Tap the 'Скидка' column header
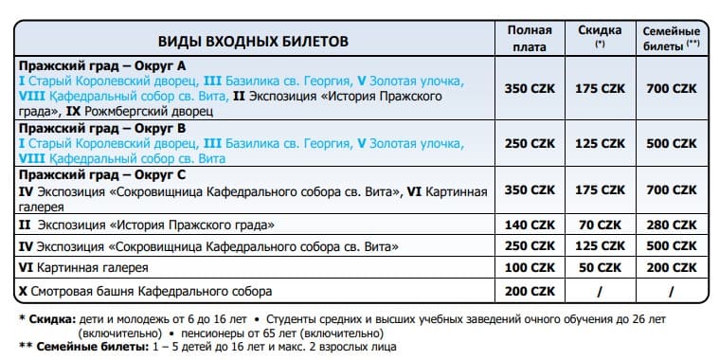click(x=600, y=36)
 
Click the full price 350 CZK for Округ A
click(x=529, y=88)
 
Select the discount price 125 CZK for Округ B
click(x=600, y=143)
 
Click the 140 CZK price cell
click(x=529, y=225)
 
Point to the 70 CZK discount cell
click(x=600, y=225)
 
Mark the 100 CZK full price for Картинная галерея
click(x=529, y=269)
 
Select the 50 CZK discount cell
click(x=600, y=269)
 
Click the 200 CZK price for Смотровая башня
click(x=529, y=291)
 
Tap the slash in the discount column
click(x=600, y=291)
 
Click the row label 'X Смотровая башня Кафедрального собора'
click(x=145, y=291)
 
